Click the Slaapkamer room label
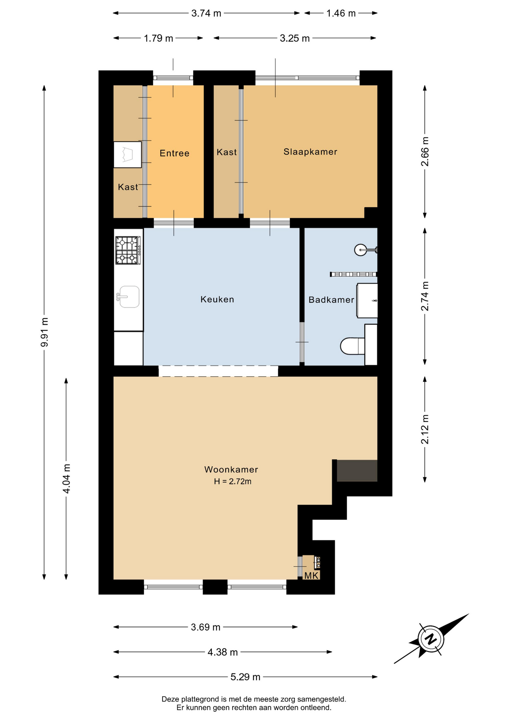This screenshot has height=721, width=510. pyautogui.click(x=310, y=152)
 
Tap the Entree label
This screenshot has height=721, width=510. pyautogui.click(x=174, y=153)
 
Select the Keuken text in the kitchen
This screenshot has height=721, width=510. pyautogui.click(x=217, y=299)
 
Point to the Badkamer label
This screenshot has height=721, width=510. pyautogui.click(x=331, y=300)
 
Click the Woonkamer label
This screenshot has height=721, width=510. pyautogui.click(x=231, y=469)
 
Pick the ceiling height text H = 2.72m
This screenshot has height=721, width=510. pyautogui.click(x=232, y=481)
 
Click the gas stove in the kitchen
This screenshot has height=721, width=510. pyautogui.click(x=128, y=250)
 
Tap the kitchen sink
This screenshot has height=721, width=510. pyautogui.click(x=128, y=297)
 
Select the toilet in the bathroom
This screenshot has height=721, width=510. pyautogui.click(x=352, y=346)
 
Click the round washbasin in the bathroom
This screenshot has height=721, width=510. pyautogui.click(x=361, y=250)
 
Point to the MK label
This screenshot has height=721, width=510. pyautogui.click(x=311, y=576)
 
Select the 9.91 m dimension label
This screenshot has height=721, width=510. pyautogui.click(x=44, y=332)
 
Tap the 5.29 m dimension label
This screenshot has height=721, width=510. pyautogui.click(x=245, y=677)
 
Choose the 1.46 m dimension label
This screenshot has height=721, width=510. pyautogui.click(x=341, y=13)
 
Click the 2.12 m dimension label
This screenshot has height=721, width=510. pyautogui.click(x=425, y=429)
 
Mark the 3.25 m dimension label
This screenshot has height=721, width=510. pyautogui.click(x=295, y=38)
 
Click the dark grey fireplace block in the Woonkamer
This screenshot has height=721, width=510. pyautogui.click(x=357, y=471)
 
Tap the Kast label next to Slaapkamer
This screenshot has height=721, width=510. pyautogui.click(x=227, y=152)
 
